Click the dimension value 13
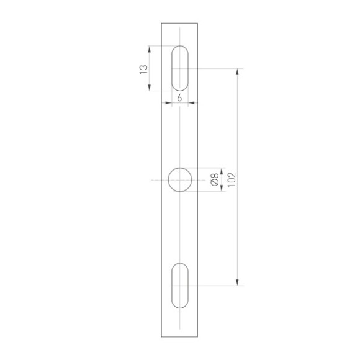[x=143, y=68]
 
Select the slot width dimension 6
[x=180, y=99]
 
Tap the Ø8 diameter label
[x=214, y=180]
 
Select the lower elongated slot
[x=180, y=286]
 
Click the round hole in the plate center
[x=180, y=180]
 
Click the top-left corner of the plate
[x=161, y=23]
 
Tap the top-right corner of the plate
[x=199, y=23]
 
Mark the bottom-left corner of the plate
[x=161, y=336]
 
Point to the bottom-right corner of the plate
[x=199, y=336]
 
